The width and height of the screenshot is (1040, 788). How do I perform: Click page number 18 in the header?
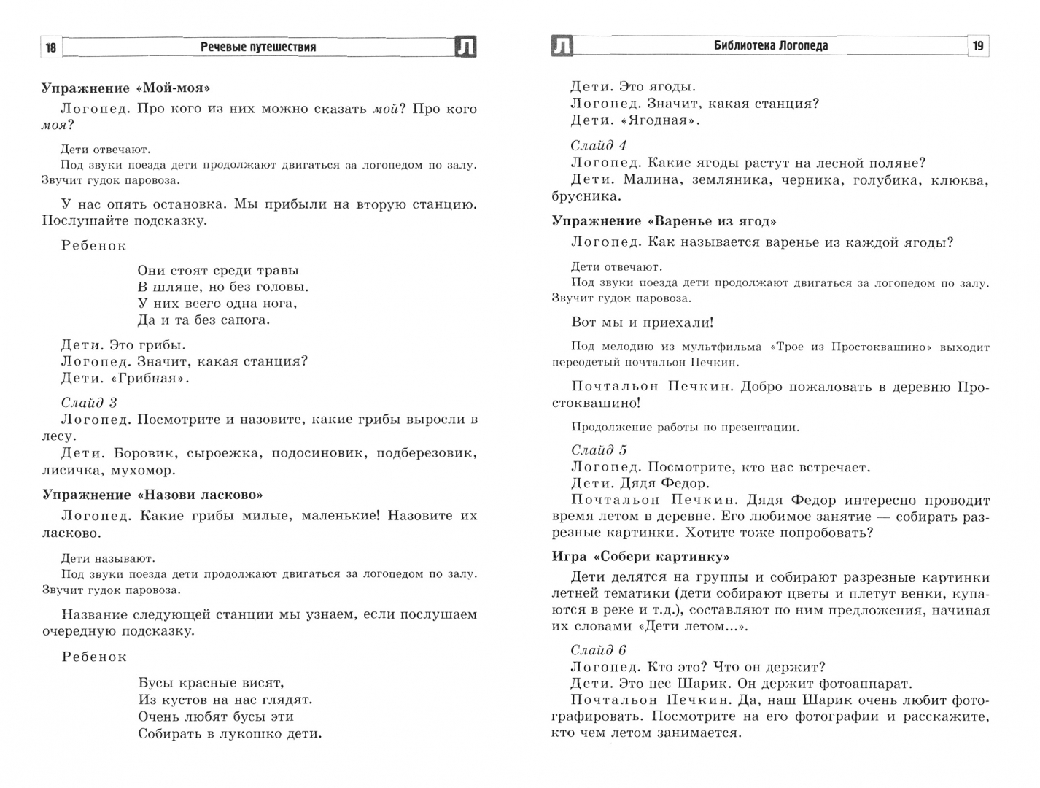click(x=51, y=47)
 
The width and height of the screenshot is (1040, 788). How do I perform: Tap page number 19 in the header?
click(x=978, y=46)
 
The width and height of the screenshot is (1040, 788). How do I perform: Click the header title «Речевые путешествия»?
click(x=258, y=47)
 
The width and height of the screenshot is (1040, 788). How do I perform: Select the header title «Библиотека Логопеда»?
click(x=771, y=46)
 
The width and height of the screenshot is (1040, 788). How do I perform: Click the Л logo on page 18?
click(x=465, y=47)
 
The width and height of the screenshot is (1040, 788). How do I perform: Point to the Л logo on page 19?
click(x=562, y=46)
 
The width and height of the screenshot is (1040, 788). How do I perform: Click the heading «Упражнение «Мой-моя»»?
click(x=125, y=88)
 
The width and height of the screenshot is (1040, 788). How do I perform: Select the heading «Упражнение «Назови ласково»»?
click(x=152, y=495)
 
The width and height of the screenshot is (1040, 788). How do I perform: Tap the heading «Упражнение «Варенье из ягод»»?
click(x=664, y=221)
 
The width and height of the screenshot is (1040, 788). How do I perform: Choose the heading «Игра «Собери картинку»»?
click(x=640, y=557)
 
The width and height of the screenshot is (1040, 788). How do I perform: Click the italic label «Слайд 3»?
click(x=89, y=403)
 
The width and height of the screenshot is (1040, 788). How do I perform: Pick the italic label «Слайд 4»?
click(x=599, y=145)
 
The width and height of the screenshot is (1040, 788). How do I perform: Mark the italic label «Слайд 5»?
click(x=599, y=450)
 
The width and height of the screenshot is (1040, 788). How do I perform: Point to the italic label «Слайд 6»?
click(x=599, y=650)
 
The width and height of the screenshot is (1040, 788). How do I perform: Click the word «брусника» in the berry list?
click(x=586, y=196)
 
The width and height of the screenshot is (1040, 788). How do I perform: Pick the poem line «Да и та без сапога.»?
click(x=203, y=320)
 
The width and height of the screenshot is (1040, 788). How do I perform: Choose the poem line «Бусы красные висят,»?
click(x=211, y=683)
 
